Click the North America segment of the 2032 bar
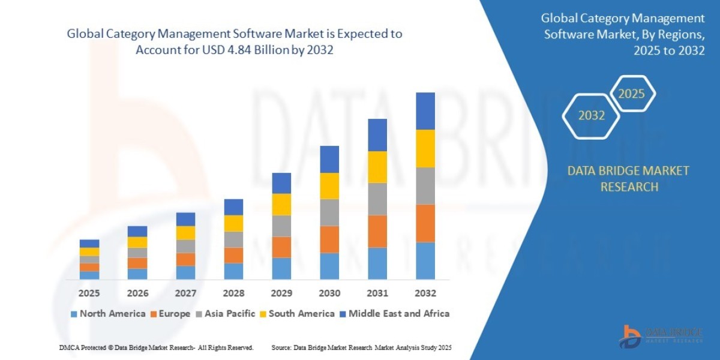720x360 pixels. (425, 260)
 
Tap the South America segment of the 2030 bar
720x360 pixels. (329, 185)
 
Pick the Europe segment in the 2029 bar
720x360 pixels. (281, 247)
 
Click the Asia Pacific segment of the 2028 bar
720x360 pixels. (233, 239)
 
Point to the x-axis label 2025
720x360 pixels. (89, 293)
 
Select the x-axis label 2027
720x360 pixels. (185, 293)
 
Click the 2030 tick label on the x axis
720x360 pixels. (329, 293)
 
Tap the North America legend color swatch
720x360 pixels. (74, 314)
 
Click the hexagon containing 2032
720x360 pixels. (592, 116)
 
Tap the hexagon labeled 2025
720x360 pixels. (631, 94)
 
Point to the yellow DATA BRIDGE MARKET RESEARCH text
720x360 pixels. (628, 179)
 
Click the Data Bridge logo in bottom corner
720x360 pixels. (661, 336)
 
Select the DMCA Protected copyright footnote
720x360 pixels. (156, 348)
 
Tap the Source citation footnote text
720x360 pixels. (361, 348)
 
